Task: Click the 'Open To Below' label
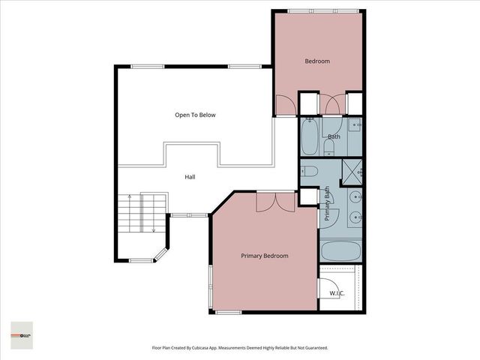(195, 115)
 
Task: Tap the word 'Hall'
(190, 177)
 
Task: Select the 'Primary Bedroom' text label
(264, 256)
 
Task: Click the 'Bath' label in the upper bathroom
(334, 136)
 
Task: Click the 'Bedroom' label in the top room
(316, 61)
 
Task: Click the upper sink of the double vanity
(354, 197)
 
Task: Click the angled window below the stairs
(160, 255)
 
